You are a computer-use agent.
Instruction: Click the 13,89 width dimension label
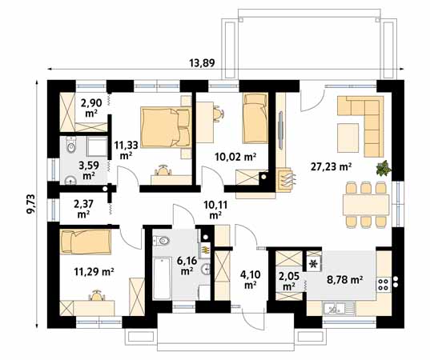(x=202, y=63)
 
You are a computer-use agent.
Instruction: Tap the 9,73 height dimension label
(x=31, y=203)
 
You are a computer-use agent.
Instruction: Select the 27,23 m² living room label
(x=332, y=166)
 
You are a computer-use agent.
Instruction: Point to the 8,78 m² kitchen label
(x=345, y=279)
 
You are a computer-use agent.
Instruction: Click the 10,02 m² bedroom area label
(x=235, y=157)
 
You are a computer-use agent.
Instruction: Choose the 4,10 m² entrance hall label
(x=250, y=279)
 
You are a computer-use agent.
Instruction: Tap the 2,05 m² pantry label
(x=288, y=281)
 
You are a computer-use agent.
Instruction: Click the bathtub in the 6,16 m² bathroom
(x=162, y=278)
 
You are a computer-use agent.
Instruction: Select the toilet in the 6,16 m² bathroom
(x=161, y=241)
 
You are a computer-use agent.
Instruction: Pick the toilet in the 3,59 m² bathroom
(x=71, y=144)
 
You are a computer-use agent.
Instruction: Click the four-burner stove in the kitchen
(x=384, y=284)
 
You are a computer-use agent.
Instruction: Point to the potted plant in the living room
(x=384, y=168)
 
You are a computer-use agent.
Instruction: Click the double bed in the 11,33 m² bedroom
(x=167, y=127)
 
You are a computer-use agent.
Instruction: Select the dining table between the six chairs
(x=366, y=205)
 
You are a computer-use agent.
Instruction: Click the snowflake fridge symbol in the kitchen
(x=313, y=263)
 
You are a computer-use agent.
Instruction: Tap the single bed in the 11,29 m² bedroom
(x=86, y=241)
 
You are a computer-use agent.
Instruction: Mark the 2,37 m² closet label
(x=83, y=209)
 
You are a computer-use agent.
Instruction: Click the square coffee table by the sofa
(x=348, y=138)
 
